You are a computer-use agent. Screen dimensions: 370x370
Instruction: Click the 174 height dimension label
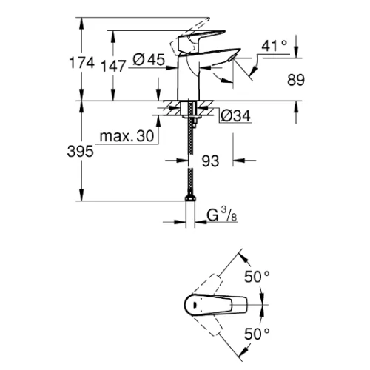click(82, 63)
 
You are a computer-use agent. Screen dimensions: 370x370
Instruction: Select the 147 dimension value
click(113, 66)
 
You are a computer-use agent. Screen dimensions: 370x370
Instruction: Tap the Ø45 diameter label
click(149, 60)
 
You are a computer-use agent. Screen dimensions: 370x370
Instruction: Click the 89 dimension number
click(296, 80)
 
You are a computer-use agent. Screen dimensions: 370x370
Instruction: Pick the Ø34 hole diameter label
click(235, 115)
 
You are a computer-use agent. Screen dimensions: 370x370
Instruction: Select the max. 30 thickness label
click(127, 136)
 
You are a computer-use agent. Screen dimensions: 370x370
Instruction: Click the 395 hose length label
click(81, 151)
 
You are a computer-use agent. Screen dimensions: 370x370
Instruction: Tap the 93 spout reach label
click(210, 161)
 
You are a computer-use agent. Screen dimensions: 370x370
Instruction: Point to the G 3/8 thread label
click(222, 215)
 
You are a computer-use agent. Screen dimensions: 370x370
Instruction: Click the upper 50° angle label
click(257, 277)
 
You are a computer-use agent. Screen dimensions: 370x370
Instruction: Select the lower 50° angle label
click(257, 334)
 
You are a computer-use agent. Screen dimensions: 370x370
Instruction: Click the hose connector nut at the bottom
click(190, 198)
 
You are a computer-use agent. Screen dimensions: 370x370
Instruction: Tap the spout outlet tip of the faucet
click(232, 58)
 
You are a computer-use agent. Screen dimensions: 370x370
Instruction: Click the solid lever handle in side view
click(201, 39)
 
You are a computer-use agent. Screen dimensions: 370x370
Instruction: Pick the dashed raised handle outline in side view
click(189, 37)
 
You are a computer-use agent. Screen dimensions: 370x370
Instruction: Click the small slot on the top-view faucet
click(195, 305)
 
